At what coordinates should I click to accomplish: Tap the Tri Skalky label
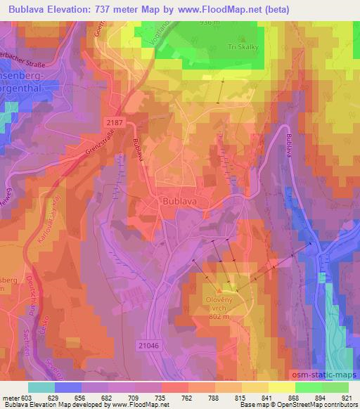241,48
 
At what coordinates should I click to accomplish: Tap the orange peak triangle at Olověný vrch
223,289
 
